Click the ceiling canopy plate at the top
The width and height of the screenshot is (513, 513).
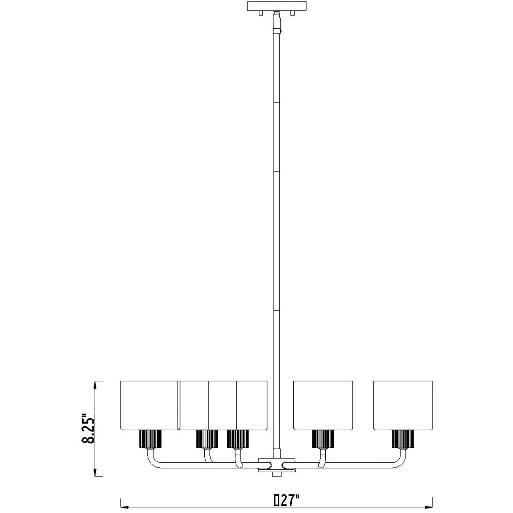276,6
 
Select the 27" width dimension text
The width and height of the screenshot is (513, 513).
290,500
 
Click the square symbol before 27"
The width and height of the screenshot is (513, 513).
277,500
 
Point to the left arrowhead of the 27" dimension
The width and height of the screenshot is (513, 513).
125,507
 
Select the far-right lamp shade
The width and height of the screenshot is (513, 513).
403,405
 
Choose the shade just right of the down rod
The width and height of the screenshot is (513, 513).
323,405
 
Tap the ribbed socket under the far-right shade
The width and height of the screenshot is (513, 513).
403,439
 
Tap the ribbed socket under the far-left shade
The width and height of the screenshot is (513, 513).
150,439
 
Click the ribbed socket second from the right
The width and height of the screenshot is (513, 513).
323,439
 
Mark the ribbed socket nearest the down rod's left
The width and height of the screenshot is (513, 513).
237,439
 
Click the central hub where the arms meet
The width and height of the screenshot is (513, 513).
277,464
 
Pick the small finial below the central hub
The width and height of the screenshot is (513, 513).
276,474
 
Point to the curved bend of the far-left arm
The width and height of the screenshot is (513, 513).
152,462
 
